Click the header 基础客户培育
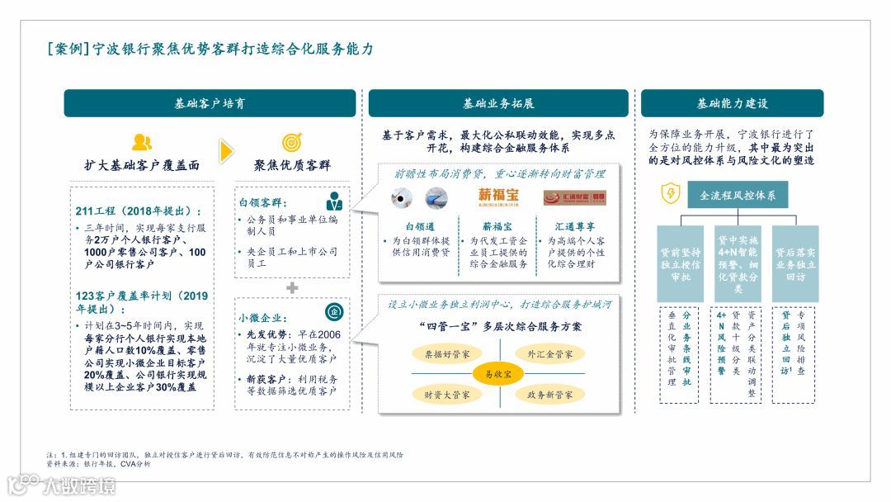coord(210,103)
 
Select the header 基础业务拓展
coord(498,103)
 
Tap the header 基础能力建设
coord(732,103)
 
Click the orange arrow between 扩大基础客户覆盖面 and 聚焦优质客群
coord(226,152)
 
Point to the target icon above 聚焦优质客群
coord(292,142)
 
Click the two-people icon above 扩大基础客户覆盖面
coord(142,142)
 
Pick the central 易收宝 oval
coord(498,374)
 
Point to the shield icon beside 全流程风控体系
coord(671,194)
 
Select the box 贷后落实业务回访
coord(795,263)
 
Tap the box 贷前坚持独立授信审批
coord(680,263)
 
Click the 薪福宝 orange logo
coord(499,197)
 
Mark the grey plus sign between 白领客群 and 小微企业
coord(292,287)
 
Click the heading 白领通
coord(420,225)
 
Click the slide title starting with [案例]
coord(210,50)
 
